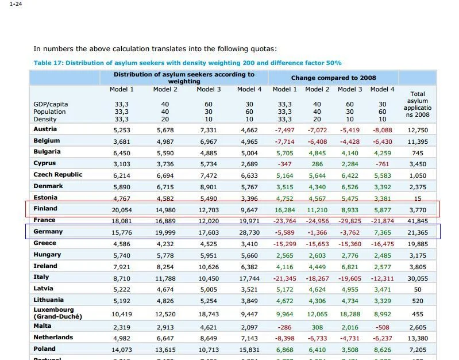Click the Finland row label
(x=45, y=209)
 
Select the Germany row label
(x=48, y=232)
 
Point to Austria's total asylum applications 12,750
(x=418, y=131)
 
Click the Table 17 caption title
(x=187, y=63)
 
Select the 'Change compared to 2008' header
(x=333, y=78)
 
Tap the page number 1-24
(x=16, y=4)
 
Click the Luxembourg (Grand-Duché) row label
(x=57, y=313)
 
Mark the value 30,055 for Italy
(x=418, y=278)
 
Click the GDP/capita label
(x=51, y=104)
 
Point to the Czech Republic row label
(x=57, y=175)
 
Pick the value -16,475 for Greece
(x=383, y=244)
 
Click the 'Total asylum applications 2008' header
(x=418, y=104)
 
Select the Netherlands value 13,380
(x=418, y=338)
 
